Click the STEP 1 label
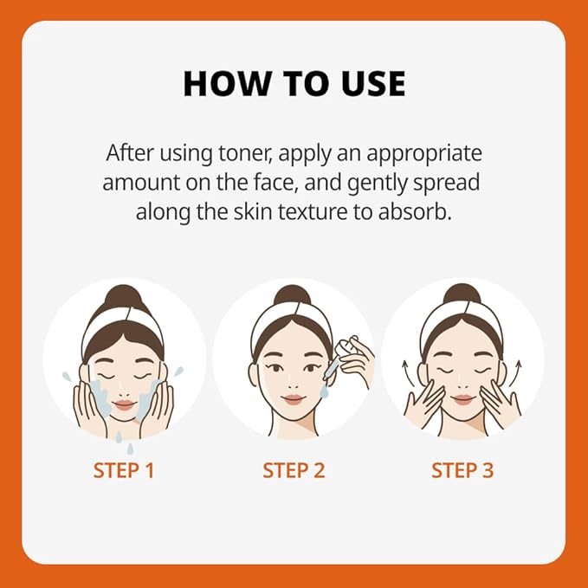pos(124,470)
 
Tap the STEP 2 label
pos(294,470)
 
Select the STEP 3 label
pos(462,470)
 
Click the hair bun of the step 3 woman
pos(462,294)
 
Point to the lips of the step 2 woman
pos(294,399)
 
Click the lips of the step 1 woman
pos(124,405)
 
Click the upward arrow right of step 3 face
pos(515,373)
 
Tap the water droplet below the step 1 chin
pos(130,449)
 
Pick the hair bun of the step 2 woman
pos(293,294)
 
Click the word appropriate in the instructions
pos(424,154)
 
